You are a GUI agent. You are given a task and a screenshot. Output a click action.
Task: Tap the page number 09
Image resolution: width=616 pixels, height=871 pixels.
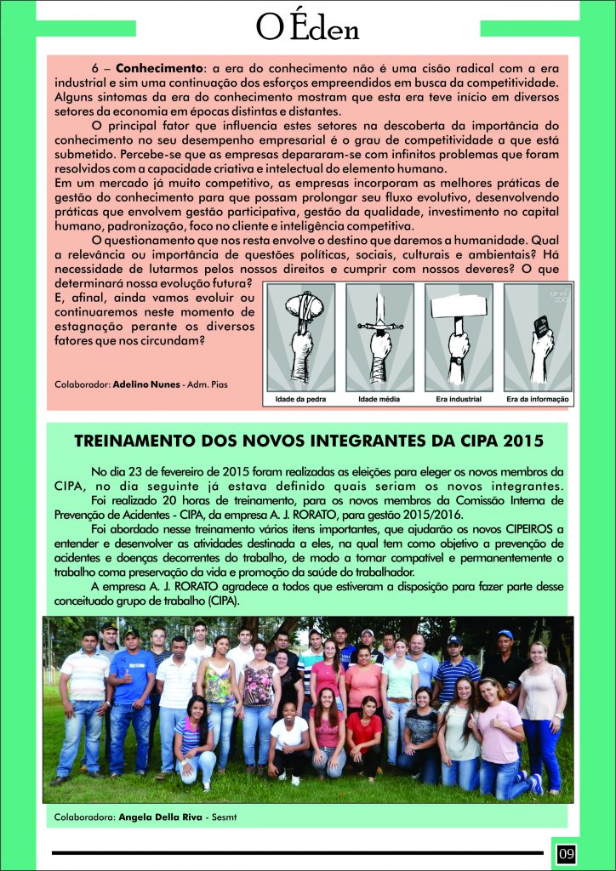566,851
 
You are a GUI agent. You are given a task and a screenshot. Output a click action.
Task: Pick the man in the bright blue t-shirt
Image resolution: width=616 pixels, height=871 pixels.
132,689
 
